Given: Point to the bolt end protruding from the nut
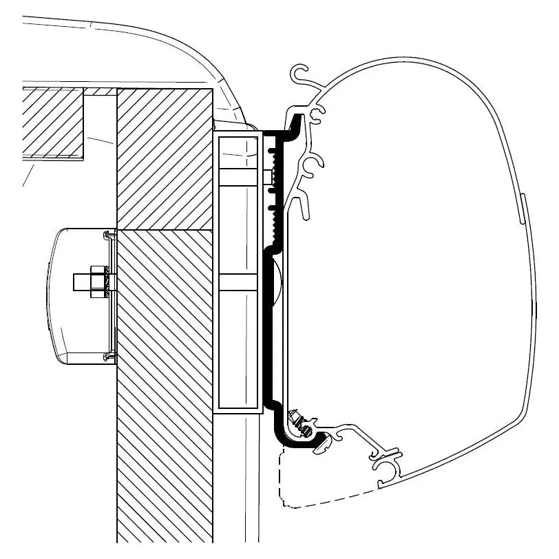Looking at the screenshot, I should click(81, 282).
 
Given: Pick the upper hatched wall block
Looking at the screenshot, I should click(164, 158).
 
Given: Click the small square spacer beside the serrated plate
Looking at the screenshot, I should click(268, 176).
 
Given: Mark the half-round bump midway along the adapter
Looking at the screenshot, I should click(275, 282).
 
